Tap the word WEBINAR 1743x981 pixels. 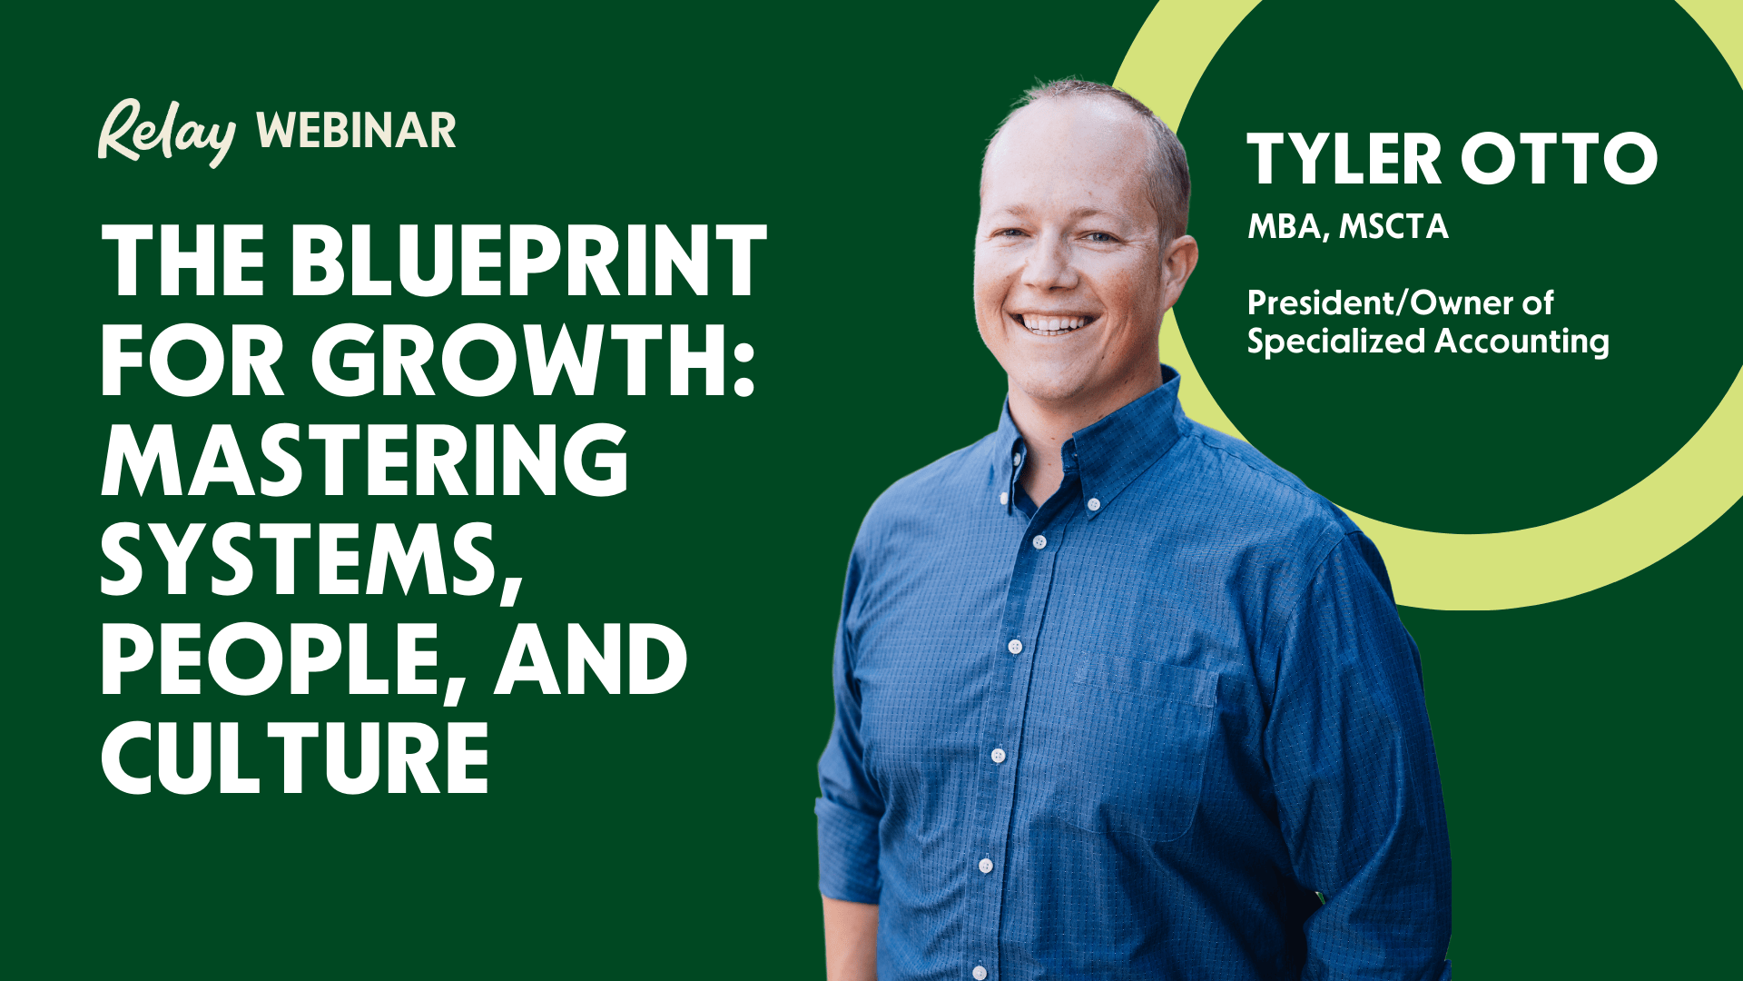pos(356,132)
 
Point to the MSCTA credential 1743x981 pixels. pos(1393,226)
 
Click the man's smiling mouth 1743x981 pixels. pos(1056,322)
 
